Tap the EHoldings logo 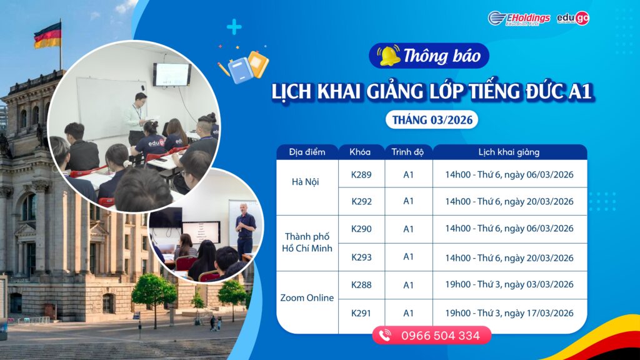[x=519, y=18]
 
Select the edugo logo [x=574, y=18]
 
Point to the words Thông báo [x=442, y=56]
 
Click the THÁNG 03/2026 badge [x=431, y=119]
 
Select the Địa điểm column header [x=307, y=152]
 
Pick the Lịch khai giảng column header [x=509, y=152]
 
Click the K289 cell [x=361, y=174]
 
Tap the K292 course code [x=361, y=201]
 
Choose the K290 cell [x=361, y=229]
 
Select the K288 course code [x=361, y=284]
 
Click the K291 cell [x=361, y=312]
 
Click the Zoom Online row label [x=307, y=297]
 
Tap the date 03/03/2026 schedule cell [x=509, y=284]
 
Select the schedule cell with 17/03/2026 [x=509, y=312]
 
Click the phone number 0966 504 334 [x=440, y=336]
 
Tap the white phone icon [x=385, y=336]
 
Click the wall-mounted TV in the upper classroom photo [x=172, y=74]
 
